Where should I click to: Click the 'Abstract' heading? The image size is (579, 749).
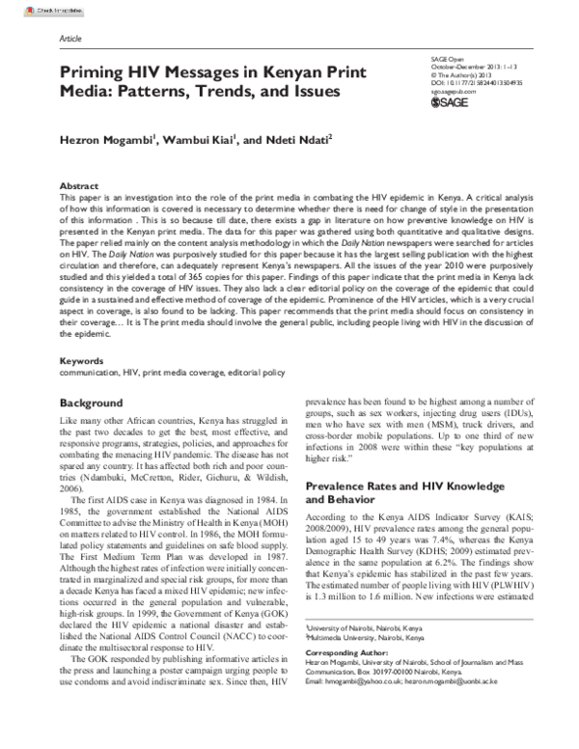tap(78, 183)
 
